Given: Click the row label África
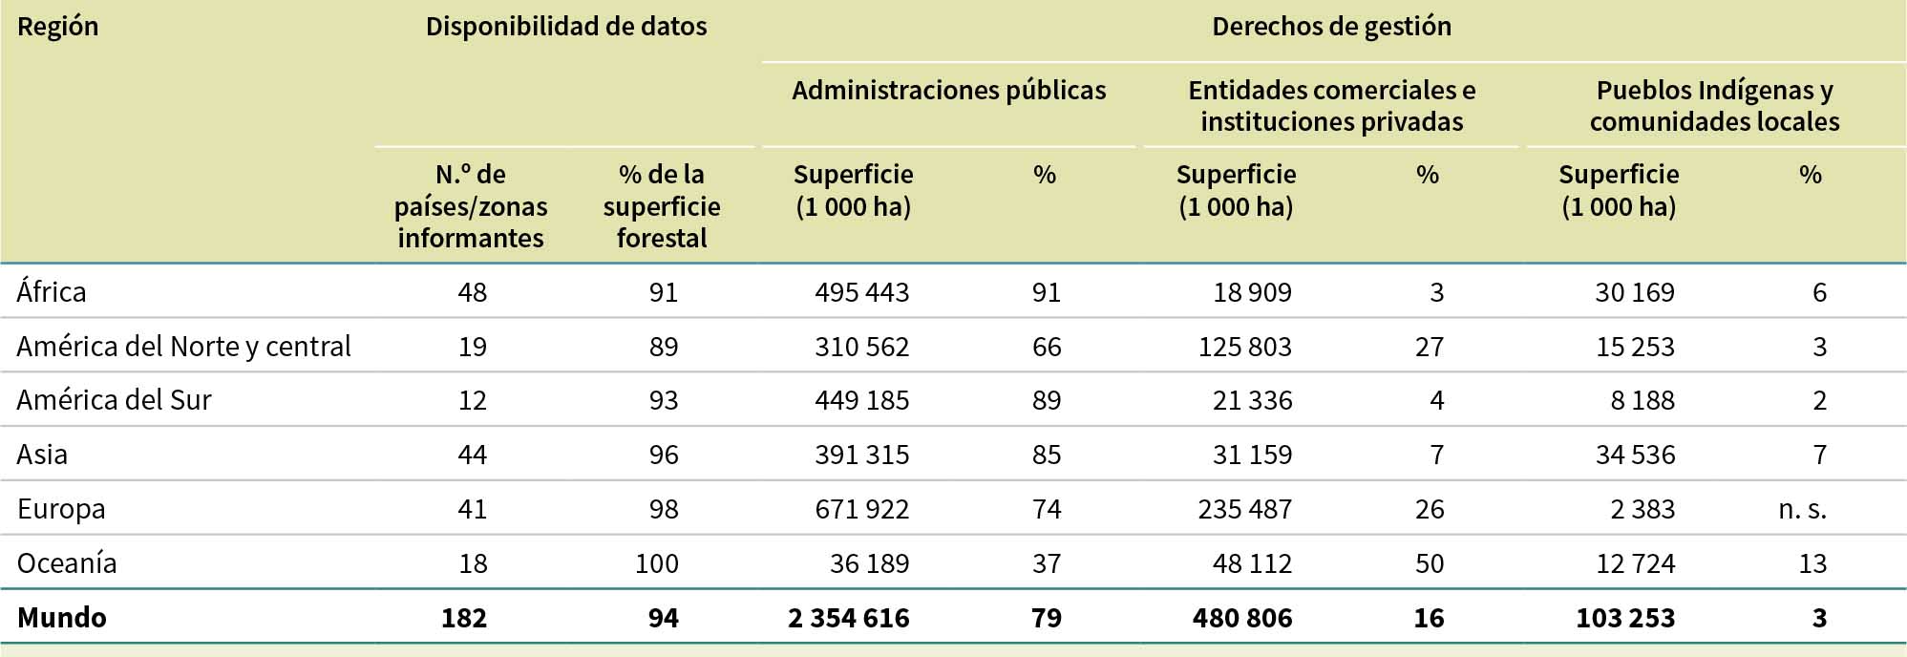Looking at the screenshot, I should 52,291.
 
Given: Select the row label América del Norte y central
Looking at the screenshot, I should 183,346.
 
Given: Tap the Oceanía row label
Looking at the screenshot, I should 67,562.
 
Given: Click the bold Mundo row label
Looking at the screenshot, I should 61,617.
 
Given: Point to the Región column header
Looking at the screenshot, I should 57,27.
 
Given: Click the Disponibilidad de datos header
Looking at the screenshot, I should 566,27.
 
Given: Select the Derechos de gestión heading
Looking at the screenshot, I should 1331,27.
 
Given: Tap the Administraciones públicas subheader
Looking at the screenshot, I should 948,91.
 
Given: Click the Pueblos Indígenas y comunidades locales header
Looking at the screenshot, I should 1714,106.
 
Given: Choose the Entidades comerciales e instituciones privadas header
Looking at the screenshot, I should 1331,106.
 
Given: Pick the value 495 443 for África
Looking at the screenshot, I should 861,292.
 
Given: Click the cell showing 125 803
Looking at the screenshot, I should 1244,347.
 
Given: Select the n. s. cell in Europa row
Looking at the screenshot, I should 1802,509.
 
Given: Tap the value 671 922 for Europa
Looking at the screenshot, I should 861,509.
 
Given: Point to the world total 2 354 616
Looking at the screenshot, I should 848,618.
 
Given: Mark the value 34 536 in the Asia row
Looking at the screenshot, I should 1635,455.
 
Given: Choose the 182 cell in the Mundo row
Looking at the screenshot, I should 464,618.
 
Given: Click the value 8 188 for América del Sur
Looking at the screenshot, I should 1642,400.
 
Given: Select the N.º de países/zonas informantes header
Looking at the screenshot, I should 471,206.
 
